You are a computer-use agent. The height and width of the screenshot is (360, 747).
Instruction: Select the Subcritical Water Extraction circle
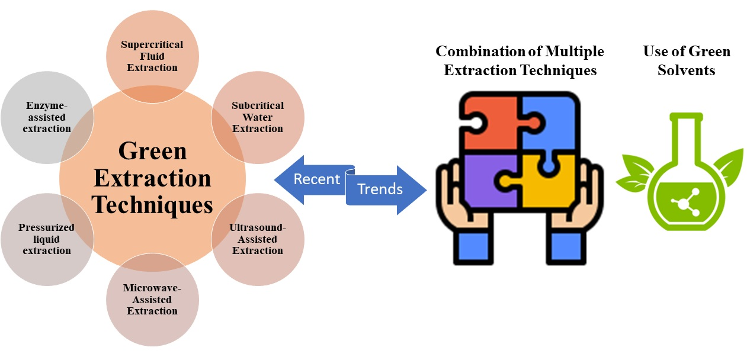258,117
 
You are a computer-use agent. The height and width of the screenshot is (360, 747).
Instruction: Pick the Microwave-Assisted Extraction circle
152,300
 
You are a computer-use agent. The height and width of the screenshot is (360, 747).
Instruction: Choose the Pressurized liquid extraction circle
46,239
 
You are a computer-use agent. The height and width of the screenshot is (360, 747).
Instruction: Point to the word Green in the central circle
152,151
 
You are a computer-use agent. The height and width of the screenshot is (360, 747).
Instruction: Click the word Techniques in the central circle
152,205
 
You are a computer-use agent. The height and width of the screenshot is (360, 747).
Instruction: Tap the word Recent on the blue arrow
317,179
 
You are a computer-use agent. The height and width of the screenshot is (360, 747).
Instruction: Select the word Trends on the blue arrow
380,189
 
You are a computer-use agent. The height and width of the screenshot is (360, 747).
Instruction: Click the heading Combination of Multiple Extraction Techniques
520,61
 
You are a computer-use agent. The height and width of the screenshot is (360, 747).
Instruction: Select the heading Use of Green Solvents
686,61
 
